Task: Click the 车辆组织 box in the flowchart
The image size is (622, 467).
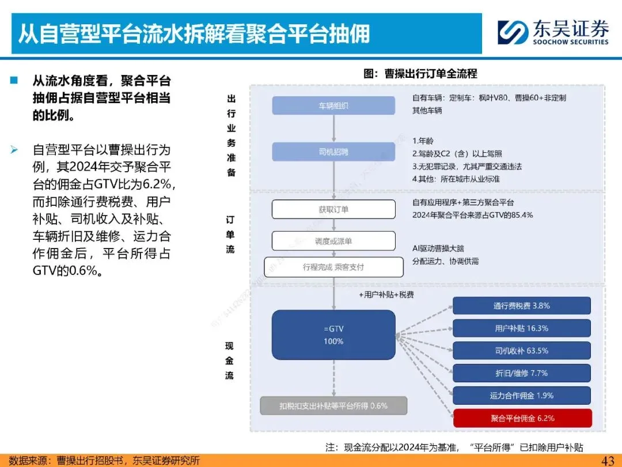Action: coord(333,106)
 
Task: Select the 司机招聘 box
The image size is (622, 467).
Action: coord(333,152)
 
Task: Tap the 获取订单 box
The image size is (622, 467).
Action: coord(333,209)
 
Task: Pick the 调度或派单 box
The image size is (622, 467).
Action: coord(333,241)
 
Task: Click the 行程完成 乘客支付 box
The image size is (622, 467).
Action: coord(333,267)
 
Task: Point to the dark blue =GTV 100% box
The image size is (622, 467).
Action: coord(333,335)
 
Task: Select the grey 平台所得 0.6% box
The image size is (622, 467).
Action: coord(333,406)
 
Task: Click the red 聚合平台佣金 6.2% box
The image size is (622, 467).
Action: coord(522,418)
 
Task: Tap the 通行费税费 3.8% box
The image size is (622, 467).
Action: coord(522,306)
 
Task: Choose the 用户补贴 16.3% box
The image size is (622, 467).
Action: coord(522,328)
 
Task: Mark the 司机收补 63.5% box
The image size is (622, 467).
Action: coord(522,351)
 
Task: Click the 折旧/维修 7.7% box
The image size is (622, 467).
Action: coord(522,373)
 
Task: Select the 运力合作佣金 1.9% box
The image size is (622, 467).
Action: coord(522,396)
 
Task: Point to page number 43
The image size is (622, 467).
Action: coord(608,460)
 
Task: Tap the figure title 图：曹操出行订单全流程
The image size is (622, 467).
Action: coord(420,74)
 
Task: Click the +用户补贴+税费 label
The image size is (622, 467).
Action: coord(386,295)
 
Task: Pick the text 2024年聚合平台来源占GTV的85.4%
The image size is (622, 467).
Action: coord(473,215)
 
